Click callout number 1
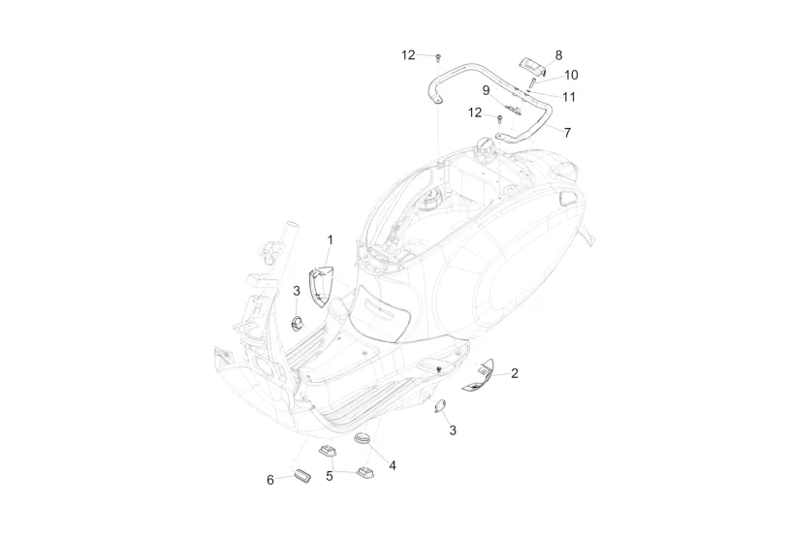click(x=330, y=239)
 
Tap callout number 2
click(x=515, y=373)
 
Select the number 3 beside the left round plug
click(x=297, y=290)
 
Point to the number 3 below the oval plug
click(x=453, y=430)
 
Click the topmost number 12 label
click(x=408, y=55)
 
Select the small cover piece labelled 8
click(x=532, y=64)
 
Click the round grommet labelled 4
click(x=364, y=440)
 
